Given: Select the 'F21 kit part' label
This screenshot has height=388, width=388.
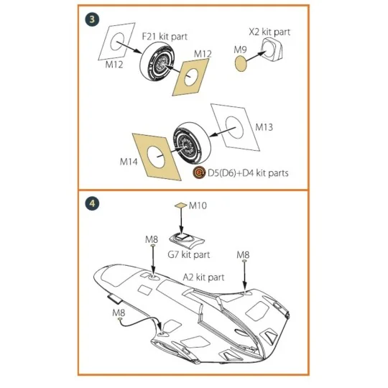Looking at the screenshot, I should click(162, 35).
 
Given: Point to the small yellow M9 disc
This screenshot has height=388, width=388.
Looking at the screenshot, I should click(243, 63).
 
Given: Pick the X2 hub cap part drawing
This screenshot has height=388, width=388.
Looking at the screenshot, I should click(273, 52).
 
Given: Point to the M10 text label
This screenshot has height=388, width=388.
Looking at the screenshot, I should click(198, 205).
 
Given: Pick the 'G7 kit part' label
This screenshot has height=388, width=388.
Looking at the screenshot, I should click(188, 254).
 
